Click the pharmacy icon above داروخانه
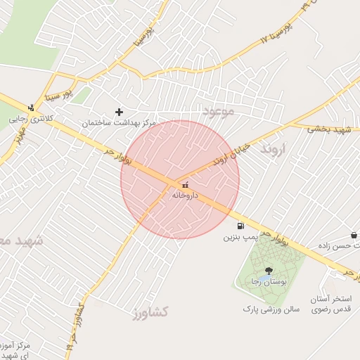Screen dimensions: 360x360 (x=185, y=185)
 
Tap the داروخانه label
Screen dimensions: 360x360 (x=186, y=195)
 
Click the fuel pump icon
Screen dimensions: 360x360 (x=241, y=226)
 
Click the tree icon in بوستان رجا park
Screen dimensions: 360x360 (x=269, y=270)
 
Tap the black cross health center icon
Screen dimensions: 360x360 (x=119, y=112)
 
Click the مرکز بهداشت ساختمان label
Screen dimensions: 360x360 (x=118, y=123)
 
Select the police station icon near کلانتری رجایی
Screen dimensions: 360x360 (x=31, y=108)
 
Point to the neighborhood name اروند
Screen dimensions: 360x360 (x=274, y=150)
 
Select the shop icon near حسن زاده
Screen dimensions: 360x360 (x=353, y=235)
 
